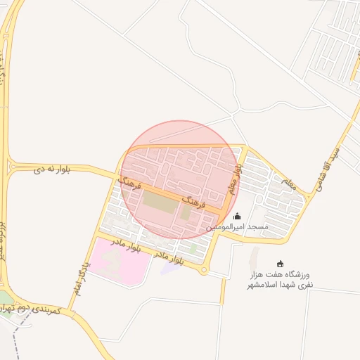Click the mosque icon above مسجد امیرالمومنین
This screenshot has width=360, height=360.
point(237,217)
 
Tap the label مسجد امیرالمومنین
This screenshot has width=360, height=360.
point(238,228)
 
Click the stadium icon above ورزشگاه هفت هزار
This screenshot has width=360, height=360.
point(281,263)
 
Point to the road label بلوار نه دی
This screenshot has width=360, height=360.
point(53,169)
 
